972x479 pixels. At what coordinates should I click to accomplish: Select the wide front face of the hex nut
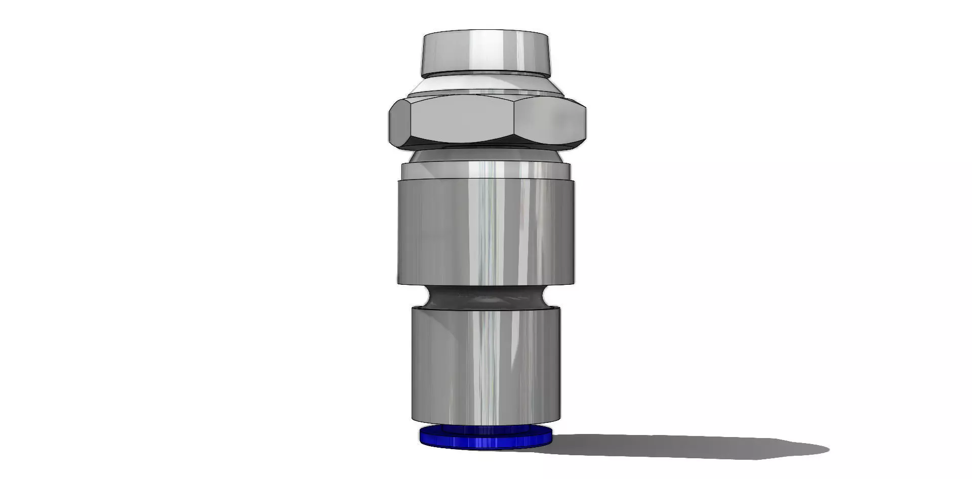(462, 120)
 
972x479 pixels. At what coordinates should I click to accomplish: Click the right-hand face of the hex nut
(549, 121)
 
